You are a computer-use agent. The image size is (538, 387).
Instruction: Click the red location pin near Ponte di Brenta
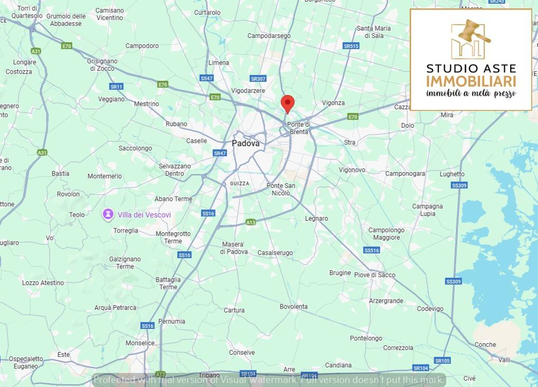[x=287, y=103]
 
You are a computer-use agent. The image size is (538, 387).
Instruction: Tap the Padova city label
[x=246, y=143]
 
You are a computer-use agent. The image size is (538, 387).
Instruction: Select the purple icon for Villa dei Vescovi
[x=108, y=214]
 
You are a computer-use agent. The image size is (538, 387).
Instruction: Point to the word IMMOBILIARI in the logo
[x=471, y=81]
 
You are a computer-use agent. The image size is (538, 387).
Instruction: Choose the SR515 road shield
[x=351, y=46]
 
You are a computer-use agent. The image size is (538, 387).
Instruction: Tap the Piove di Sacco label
[x=374, y=275]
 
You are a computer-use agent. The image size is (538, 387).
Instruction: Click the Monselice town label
[x=140, y=343]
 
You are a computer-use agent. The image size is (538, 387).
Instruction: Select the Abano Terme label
[x=173, y=199]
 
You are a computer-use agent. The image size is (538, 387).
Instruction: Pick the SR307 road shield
[x=258, y=79]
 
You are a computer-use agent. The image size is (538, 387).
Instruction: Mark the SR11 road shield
[x=116, y=87]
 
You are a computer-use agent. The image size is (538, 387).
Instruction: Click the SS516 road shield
[x=371, y=250]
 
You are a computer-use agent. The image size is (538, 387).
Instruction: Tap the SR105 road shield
[x=442, y=361]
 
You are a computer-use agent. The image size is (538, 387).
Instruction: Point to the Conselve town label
[x=242, y=353]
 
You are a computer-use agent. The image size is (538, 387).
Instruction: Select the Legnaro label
[x=316, y=219]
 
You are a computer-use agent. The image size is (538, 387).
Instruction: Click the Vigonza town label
[x=333, y=103]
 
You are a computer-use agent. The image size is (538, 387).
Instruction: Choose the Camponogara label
[x=405, y=174]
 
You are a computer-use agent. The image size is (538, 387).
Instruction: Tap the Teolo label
[x=77, y=215]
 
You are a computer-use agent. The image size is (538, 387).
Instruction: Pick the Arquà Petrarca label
[x=115, y=308]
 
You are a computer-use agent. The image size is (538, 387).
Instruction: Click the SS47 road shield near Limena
[x=206, y=78]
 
